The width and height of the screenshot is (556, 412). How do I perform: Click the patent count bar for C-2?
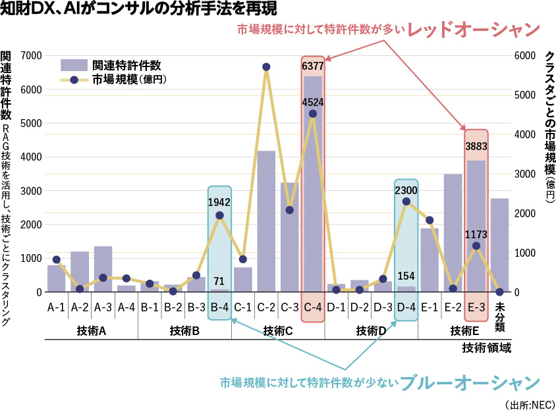(266, 221)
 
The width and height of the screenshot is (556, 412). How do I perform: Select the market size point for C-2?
(266, 67)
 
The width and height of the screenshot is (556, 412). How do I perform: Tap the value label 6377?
(312, 66)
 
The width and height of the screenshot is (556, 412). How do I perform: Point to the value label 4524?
(312, 102)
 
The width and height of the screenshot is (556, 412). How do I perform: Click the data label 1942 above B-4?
(219, 203)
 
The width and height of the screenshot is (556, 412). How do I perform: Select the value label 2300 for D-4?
(406, 190)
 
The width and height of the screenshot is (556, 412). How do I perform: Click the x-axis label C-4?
(312, 307)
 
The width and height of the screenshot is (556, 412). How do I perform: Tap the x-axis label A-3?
(103, 307)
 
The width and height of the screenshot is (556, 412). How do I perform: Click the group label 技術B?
(184, 330)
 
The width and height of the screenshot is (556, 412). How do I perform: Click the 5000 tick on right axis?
(525, 95)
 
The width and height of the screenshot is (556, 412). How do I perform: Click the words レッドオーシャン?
(473, 30)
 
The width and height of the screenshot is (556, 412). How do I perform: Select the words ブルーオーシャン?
(469, 383)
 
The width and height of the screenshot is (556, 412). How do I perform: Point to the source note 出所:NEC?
(530, 403)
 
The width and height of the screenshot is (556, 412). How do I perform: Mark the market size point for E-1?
(430, 220)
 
